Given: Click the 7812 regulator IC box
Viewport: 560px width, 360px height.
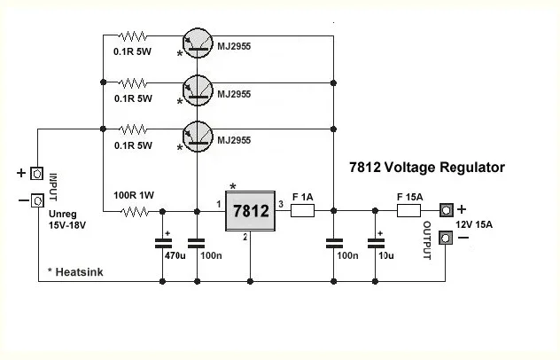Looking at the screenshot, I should point(249,211).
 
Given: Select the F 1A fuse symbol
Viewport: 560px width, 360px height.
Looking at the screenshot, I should point(303,211).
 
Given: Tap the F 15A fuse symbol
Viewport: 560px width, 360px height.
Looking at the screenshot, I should point(408,211).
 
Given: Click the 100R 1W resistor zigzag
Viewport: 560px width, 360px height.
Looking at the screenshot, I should point(136,211).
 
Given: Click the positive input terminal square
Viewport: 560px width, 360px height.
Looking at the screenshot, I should point(37,173).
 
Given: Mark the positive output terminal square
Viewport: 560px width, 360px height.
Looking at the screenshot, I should point(447,210).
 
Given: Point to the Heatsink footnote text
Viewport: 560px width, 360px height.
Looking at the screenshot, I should point(77,272).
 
